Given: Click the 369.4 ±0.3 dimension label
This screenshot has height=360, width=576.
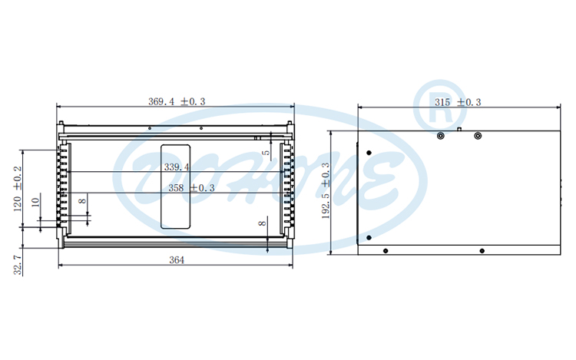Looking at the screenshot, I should (x=176, y=101).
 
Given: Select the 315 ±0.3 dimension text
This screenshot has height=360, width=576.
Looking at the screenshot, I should (x=458, y=101).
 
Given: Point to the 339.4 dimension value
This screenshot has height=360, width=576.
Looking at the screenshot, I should (x=177, y=167).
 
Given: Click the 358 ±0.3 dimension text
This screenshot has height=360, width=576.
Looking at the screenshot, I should (x=191, y=187).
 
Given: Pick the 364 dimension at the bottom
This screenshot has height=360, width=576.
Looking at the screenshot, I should (x=176, y=260).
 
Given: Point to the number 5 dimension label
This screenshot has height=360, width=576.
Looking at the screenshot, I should (x=265, y=153).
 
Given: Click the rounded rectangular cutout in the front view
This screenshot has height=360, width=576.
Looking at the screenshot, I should (x=175, y=186).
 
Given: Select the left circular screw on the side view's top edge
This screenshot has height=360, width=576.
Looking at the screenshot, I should (x=440, y=136).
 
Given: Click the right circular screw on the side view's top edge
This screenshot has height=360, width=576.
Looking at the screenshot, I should (x=478, y=136).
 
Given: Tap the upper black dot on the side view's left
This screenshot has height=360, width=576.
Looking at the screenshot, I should (x=369, y=151).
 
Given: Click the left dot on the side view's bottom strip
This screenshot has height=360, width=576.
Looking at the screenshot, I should (x=386, y=250).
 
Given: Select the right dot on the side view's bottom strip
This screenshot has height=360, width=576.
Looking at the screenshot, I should (x=482, y=250).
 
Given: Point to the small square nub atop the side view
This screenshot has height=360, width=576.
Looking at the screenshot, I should (x=458, y=129).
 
